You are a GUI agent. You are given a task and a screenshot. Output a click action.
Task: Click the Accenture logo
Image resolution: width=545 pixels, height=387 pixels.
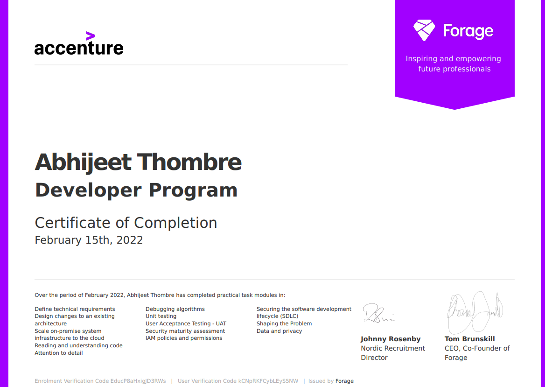[x=79, y=43]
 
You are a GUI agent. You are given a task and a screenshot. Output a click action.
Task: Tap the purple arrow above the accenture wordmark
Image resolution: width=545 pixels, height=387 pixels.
[x=91, y=36]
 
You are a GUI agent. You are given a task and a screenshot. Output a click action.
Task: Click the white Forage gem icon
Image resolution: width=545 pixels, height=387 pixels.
[x=424, y=30]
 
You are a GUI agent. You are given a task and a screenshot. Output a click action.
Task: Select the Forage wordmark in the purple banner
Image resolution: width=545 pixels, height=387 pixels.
[x=468, y=31]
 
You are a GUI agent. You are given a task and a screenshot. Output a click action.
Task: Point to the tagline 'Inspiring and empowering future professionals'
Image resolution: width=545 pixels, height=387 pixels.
[x=454, y=63]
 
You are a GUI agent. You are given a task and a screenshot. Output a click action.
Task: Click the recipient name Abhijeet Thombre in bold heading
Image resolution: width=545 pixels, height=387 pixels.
[x=138, y=162]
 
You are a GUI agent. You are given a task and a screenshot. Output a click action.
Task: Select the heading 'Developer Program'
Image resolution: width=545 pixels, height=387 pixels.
[x=136, y=190]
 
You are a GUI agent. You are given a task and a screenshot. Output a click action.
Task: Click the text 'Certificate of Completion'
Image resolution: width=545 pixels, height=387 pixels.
[x=126, y=223]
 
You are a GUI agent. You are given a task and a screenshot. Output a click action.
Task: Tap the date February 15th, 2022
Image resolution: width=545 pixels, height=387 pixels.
[x=89, y=240]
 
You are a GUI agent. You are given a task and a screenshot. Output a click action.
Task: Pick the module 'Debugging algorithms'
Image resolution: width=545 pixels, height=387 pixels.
[x=175, y=309]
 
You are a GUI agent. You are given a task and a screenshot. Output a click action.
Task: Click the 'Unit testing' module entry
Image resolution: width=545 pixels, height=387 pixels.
[x=161, y=316]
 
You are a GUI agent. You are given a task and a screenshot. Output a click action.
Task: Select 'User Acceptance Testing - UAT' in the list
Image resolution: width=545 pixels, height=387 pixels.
[x=186, y=324]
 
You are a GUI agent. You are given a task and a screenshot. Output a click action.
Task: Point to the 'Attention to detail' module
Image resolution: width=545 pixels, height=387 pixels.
[x=59, y=353]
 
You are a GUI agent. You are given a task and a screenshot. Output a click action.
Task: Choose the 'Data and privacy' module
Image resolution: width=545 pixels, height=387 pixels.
[x=279, y=331]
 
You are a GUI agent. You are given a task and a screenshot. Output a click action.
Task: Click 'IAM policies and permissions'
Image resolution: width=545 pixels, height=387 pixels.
[x=184, y=338]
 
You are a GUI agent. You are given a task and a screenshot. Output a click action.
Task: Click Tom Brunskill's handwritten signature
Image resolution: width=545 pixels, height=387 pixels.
[x=475, y=312]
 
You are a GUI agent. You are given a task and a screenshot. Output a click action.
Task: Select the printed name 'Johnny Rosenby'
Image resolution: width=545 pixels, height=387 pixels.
[x=391, y=339]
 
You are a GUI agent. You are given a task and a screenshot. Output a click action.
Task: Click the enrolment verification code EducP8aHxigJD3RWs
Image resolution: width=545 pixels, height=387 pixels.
[x=138, y=381]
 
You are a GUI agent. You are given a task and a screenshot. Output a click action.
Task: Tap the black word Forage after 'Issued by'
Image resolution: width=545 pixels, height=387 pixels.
[x=344, y=381]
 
